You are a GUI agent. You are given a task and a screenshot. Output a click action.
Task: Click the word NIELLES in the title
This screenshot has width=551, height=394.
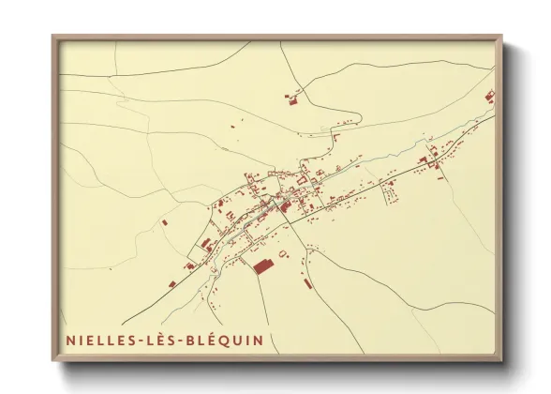pyautogui.click(x=98, y=339)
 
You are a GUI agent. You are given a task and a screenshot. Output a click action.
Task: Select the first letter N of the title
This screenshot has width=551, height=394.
pyautogui.click(x=70, y=339)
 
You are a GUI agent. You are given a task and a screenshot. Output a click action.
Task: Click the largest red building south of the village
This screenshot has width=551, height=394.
pyautogui.click(x=263, y=265)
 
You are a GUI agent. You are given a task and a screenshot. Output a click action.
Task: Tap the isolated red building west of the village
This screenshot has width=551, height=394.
pyautogui.click(x=164, y=223)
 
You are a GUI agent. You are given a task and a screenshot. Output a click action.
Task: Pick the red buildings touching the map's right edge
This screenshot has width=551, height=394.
pyautogui.click(x=489, y=96)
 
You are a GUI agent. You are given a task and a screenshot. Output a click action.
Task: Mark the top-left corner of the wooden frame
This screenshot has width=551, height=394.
pyautogui.click(x=52, y=37)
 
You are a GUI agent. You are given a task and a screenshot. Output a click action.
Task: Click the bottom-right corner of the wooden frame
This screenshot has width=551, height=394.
pyautogui.click(x=502, y=361)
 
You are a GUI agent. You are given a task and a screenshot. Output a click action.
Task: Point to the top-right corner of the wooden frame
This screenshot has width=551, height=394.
pyautogui.click(x=502, y=37)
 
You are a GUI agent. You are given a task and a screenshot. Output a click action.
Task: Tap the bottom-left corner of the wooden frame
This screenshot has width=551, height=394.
pyautogui.click(x=52, y=361)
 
